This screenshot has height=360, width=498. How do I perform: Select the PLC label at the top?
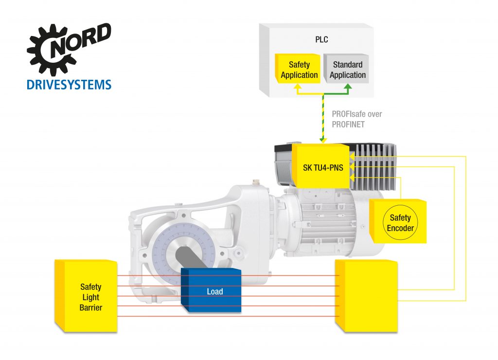pyautogui.click(x=321, y=40)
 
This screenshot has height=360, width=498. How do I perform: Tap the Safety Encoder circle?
pyautogui.click(x=400, y=223)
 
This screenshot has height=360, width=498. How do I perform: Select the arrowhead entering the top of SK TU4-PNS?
pyautogui.click(x=321, y=141)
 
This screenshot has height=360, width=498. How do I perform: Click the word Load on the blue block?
pyautogui.click(x=214, y=292)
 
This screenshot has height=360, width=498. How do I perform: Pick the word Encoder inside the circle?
pyautogui.click(x=400, y=228)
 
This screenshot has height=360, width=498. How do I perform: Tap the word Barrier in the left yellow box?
pyautogui.click(x=91, y=307)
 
